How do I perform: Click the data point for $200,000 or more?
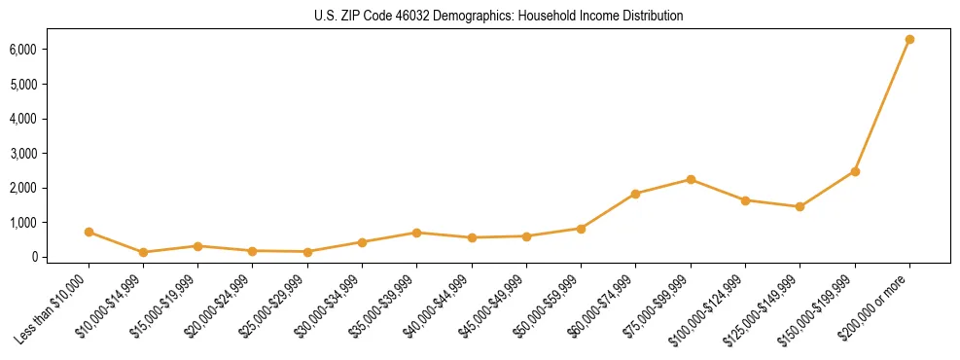[909, 39]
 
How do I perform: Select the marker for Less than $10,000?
[89, 232]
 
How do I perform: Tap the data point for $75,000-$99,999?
[691, 179]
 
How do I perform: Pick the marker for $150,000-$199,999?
[855, 171]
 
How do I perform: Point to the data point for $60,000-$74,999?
[635, 194]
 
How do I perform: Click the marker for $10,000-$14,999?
[143, 252]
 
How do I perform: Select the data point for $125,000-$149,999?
[800, 206]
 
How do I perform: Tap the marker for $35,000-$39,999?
[416, 233]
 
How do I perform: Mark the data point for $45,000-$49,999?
[526, 235]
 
